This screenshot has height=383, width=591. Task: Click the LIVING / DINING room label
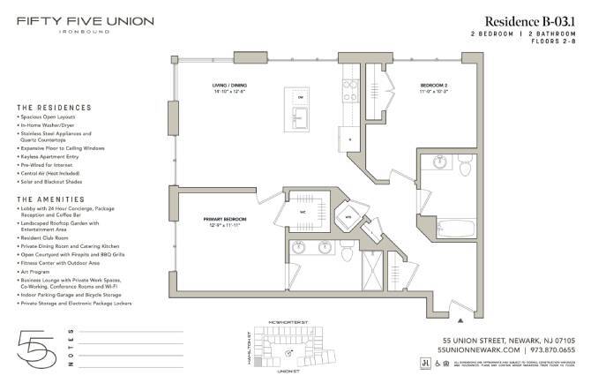pos(227,87)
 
